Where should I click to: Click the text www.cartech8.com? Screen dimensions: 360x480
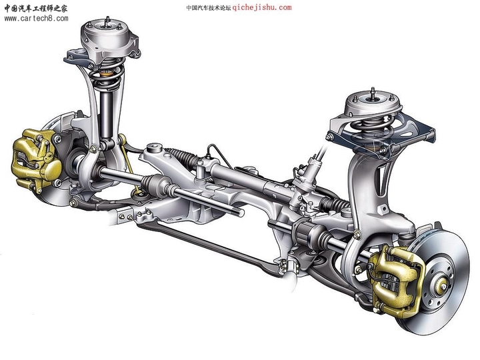tap(36, 19)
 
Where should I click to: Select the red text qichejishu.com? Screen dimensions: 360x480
tap(262, 8)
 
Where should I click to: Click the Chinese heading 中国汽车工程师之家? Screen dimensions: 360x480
tap(37, 8)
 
